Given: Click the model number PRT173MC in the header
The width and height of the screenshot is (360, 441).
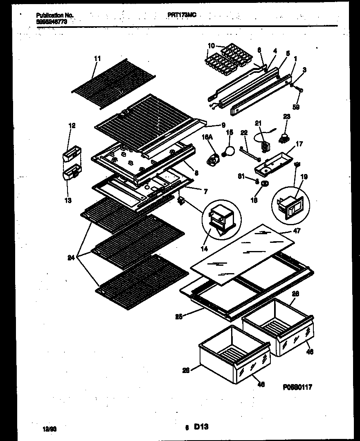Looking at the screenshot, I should point(182,15).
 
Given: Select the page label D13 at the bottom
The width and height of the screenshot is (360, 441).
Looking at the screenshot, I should point(201,427).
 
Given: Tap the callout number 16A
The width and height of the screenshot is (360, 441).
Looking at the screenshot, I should point(207,139).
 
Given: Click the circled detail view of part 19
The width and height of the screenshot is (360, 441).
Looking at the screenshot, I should point(291,203).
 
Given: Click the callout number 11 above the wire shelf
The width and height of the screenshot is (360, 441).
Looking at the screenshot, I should point(97,59).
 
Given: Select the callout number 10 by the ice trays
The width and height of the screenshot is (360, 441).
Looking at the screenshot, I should point(211,45).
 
